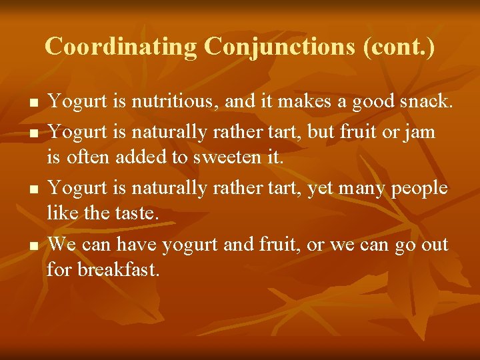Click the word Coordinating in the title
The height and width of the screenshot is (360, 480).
[x=121, y=47]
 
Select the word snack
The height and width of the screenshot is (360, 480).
[x=427, y=103]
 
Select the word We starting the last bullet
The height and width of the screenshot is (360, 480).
[x=61, y=245]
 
